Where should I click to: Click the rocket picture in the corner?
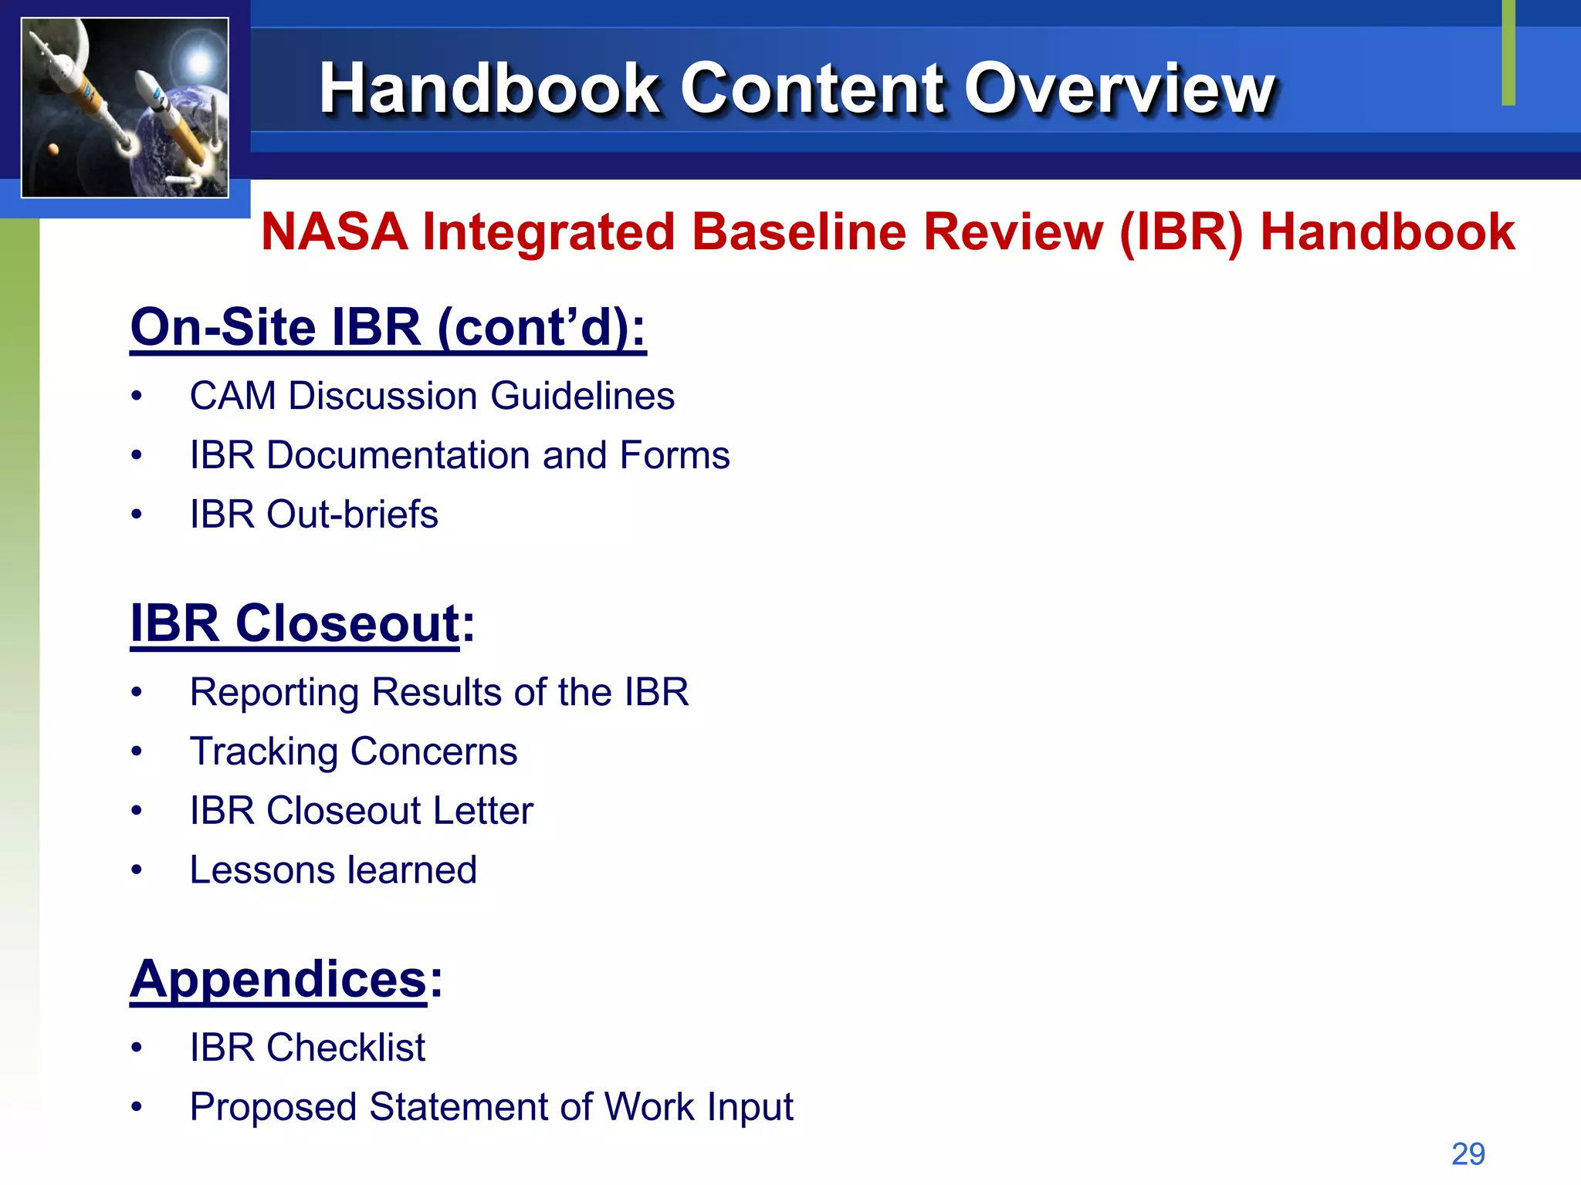pos(125,108)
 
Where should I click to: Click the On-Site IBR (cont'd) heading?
pos(388,327)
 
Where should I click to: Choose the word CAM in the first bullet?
pos(232,396)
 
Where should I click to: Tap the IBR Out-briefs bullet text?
pos(313,515)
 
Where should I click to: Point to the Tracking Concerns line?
pos(353,751)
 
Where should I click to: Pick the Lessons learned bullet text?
pos(333,870)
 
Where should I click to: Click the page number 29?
pos(1468,1154)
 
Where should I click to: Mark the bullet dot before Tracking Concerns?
pos(137,751)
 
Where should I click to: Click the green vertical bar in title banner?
pos(1508,52)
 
